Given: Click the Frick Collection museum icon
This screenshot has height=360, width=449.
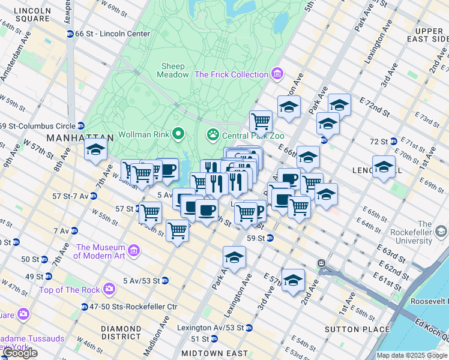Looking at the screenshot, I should [277, 74].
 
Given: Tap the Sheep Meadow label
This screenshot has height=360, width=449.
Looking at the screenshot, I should [173, 70].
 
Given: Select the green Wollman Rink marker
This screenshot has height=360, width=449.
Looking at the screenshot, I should [178, 133].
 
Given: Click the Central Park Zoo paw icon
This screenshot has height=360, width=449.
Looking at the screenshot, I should [212, 134].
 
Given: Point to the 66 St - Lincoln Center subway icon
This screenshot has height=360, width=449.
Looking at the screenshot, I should [70, 34].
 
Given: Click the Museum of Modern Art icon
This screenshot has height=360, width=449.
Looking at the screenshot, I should [133, 250].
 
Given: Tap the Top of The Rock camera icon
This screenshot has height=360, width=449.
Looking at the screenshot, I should [109, 289].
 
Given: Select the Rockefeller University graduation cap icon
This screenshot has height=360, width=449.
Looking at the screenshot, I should [441, 231].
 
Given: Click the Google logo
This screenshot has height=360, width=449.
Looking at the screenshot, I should [20, 353].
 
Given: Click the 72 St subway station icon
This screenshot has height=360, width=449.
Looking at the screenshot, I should [394, 142].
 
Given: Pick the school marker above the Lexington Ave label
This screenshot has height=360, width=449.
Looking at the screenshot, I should [234, 258].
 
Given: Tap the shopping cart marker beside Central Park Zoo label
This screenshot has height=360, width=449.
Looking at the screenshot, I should [261, 121].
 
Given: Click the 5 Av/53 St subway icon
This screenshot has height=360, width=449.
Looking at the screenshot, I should [164, 280].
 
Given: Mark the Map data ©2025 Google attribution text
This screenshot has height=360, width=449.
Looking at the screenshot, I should [412, 355].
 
